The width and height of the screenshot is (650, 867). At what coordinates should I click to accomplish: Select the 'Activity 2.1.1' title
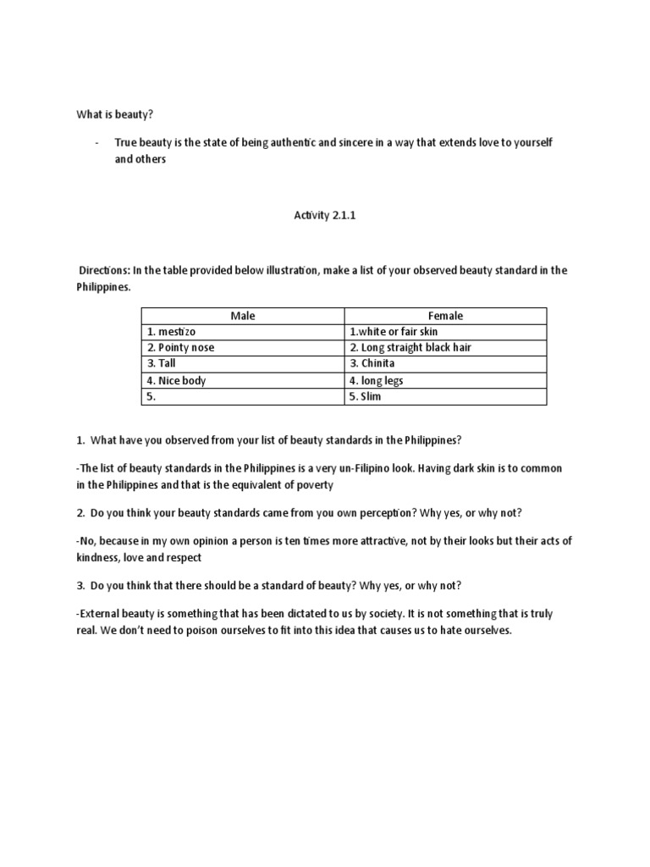314,216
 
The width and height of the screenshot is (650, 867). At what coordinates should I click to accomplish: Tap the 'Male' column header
242,316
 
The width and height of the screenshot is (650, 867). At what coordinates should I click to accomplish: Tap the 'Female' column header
445,316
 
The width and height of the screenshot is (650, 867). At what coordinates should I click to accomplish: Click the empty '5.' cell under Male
152,396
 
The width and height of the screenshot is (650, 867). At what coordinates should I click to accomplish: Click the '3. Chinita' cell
372,364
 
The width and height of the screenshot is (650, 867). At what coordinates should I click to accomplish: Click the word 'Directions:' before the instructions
103,270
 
